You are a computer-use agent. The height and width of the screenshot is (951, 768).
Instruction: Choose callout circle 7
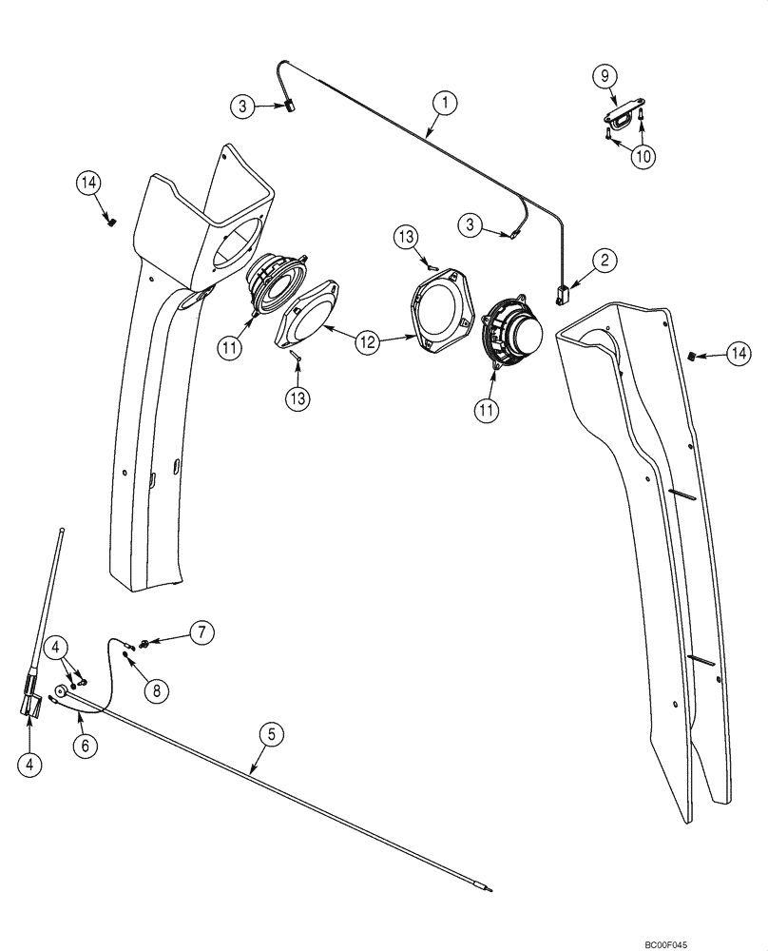pos(201,631)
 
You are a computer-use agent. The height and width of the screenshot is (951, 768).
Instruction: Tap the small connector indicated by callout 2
pos(563,295)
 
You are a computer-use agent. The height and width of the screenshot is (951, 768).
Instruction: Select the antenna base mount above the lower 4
pos(30,704)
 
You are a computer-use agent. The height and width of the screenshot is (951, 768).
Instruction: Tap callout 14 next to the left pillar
pos(89,183)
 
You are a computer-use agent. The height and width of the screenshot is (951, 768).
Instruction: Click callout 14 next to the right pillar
pos(739,354)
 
